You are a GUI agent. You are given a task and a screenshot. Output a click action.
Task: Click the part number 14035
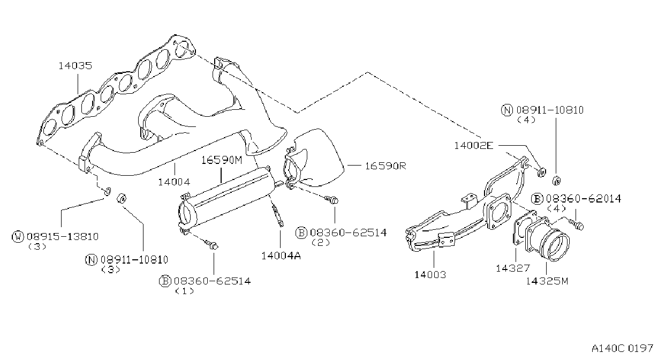75,65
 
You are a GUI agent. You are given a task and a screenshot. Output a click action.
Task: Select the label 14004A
281,256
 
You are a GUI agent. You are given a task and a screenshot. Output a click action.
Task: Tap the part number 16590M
222,160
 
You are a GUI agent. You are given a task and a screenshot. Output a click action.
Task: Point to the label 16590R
385,166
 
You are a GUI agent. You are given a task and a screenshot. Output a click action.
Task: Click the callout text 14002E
474,146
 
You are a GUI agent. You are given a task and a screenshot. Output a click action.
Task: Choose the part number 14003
430,275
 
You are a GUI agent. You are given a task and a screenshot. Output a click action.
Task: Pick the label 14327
513,268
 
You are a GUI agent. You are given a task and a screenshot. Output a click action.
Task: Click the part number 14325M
547,281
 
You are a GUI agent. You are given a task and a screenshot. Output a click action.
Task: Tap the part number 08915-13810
63,237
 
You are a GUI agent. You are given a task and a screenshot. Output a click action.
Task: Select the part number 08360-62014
584,199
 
